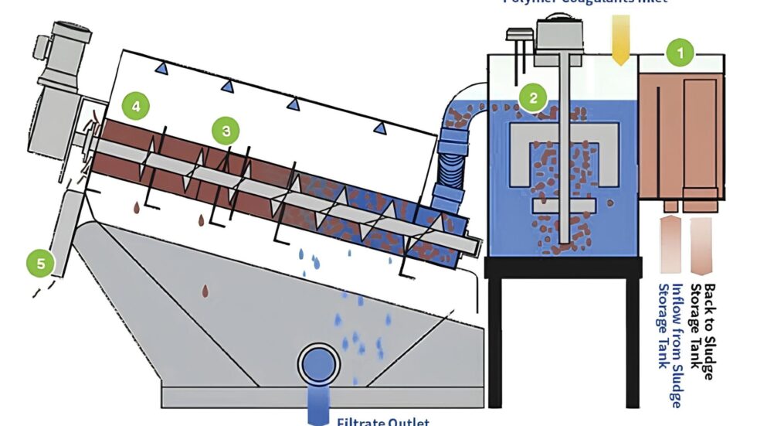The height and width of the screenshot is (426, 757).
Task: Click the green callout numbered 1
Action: pyautogui.click(x=681, y=53)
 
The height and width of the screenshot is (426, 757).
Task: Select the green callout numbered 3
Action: pyautogui.click(x=226, y=131)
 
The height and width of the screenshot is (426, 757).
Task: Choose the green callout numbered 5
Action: pyautogui.click(x=41, y=263)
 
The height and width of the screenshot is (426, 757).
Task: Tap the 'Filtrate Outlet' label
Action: pyautogui.click(x=383, y=421)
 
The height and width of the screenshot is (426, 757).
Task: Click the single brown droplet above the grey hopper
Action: pyautogui.click(x=205, y=290)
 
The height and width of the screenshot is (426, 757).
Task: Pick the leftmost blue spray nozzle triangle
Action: pyautogui.click(x=161, y=70)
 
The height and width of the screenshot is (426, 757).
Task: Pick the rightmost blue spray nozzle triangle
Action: pyautogui.click(x=378, y=128)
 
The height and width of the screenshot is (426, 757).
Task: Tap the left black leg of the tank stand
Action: pyautogui.click(x=495, y=340)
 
